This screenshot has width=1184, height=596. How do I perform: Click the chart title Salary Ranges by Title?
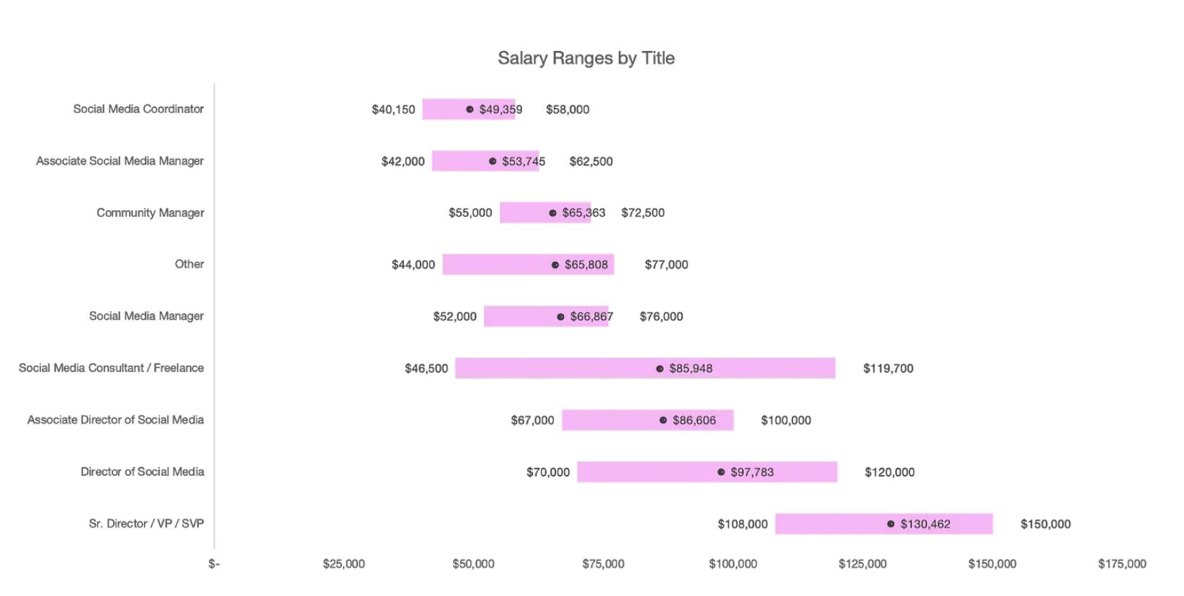586,58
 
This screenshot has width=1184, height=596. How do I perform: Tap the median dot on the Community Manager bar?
552,213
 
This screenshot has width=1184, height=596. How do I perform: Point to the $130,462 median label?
925,524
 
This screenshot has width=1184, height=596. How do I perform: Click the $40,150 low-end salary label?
393,109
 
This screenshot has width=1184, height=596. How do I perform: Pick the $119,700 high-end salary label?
888,369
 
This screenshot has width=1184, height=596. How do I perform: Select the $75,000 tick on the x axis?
603,564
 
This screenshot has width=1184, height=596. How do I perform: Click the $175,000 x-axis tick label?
1121,564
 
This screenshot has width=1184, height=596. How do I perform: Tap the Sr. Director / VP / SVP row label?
146,523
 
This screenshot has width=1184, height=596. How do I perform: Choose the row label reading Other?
189,264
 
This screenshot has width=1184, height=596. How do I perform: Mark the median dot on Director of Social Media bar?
721,472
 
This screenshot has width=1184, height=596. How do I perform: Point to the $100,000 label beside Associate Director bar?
786,420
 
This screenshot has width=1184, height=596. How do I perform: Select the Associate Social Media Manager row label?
120,161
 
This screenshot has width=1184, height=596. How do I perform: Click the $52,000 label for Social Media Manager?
454,317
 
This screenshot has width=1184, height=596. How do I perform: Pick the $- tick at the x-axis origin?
214,564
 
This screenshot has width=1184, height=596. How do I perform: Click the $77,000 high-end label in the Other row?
666,265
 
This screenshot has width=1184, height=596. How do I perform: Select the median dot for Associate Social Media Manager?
493,161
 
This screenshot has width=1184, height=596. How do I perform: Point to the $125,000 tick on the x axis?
862,564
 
